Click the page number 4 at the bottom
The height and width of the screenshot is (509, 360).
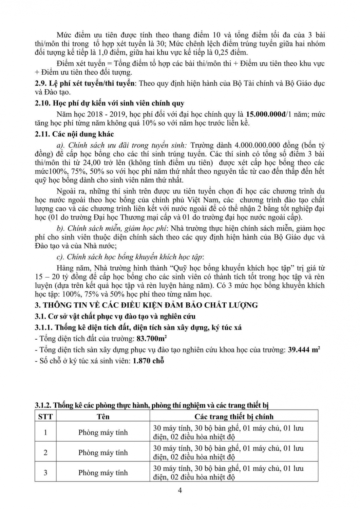point(180,490)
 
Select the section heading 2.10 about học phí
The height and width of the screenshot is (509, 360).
point(110,103)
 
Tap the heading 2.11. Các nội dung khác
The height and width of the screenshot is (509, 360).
point(74,134)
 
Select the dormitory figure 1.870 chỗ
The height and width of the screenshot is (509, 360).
point(149,361)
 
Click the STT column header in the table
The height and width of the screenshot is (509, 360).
point(45,416)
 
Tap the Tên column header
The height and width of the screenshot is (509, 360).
point(103,416)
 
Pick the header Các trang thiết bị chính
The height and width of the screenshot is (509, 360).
point(234,416)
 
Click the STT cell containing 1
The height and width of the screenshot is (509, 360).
point(45,432)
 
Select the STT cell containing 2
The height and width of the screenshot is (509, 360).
point(45,452)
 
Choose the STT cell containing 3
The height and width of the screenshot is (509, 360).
point(45,472)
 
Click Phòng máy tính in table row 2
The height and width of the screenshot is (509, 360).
point(103,452)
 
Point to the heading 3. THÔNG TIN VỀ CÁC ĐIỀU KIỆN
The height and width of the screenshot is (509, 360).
point(146,305)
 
